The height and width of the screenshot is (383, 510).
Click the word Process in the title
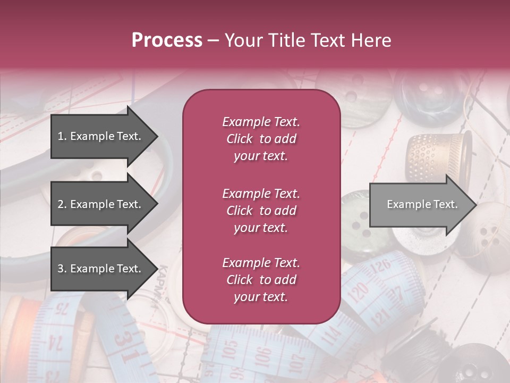(167, 40)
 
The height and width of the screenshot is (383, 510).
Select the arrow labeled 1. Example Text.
(101, 136)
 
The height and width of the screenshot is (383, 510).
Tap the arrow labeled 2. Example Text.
(101, 204)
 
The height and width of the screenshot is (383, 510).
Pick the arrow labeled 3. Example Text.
(101, 269)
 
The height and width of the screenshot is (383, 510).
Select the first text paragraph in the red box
(261, 139)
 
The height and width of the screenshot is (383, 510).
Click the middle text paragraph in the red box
(261, 211)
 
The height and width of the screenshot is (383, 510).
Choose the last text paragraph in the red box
(261, 280)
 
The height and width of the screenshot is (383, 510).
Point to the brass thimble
(439, 157)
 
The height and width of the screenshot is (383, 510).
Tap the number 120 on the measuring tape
(360, 291)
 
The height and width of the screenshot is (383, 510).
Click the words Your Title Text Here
(308, 40)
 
